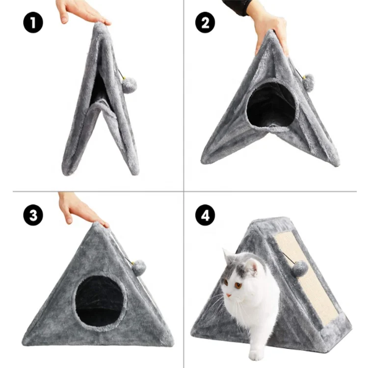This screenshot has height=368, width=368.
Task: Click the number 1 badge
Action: click(33, 23)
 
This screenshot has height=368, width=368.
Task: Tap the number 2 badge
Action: click(205, 23)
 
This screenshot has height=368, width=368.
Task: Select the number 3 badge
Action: click(33, 215)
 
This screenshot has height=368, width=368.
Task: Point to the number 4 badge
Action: click(205, 215)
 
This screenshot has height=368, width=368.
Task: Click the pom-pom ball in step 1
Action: click(129, 85)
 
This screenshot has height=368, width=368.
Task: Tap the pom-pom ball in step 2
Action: click(308, 82)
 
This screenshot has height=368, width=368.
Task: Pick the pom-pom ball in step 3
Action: click(139, 267)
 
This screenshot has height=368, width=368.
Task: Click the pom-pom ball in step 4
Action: click(300, 268)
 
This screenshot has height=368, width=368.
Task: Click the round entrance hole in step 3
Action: click(101, 301)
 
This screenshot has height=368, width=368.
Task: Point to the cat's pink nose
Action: click(229, 295)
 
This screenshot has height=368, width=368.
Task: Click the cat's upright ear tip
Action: click(225, 250)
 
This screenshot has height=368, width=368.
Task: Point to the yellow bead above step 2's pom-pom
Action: click(304, 77)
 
